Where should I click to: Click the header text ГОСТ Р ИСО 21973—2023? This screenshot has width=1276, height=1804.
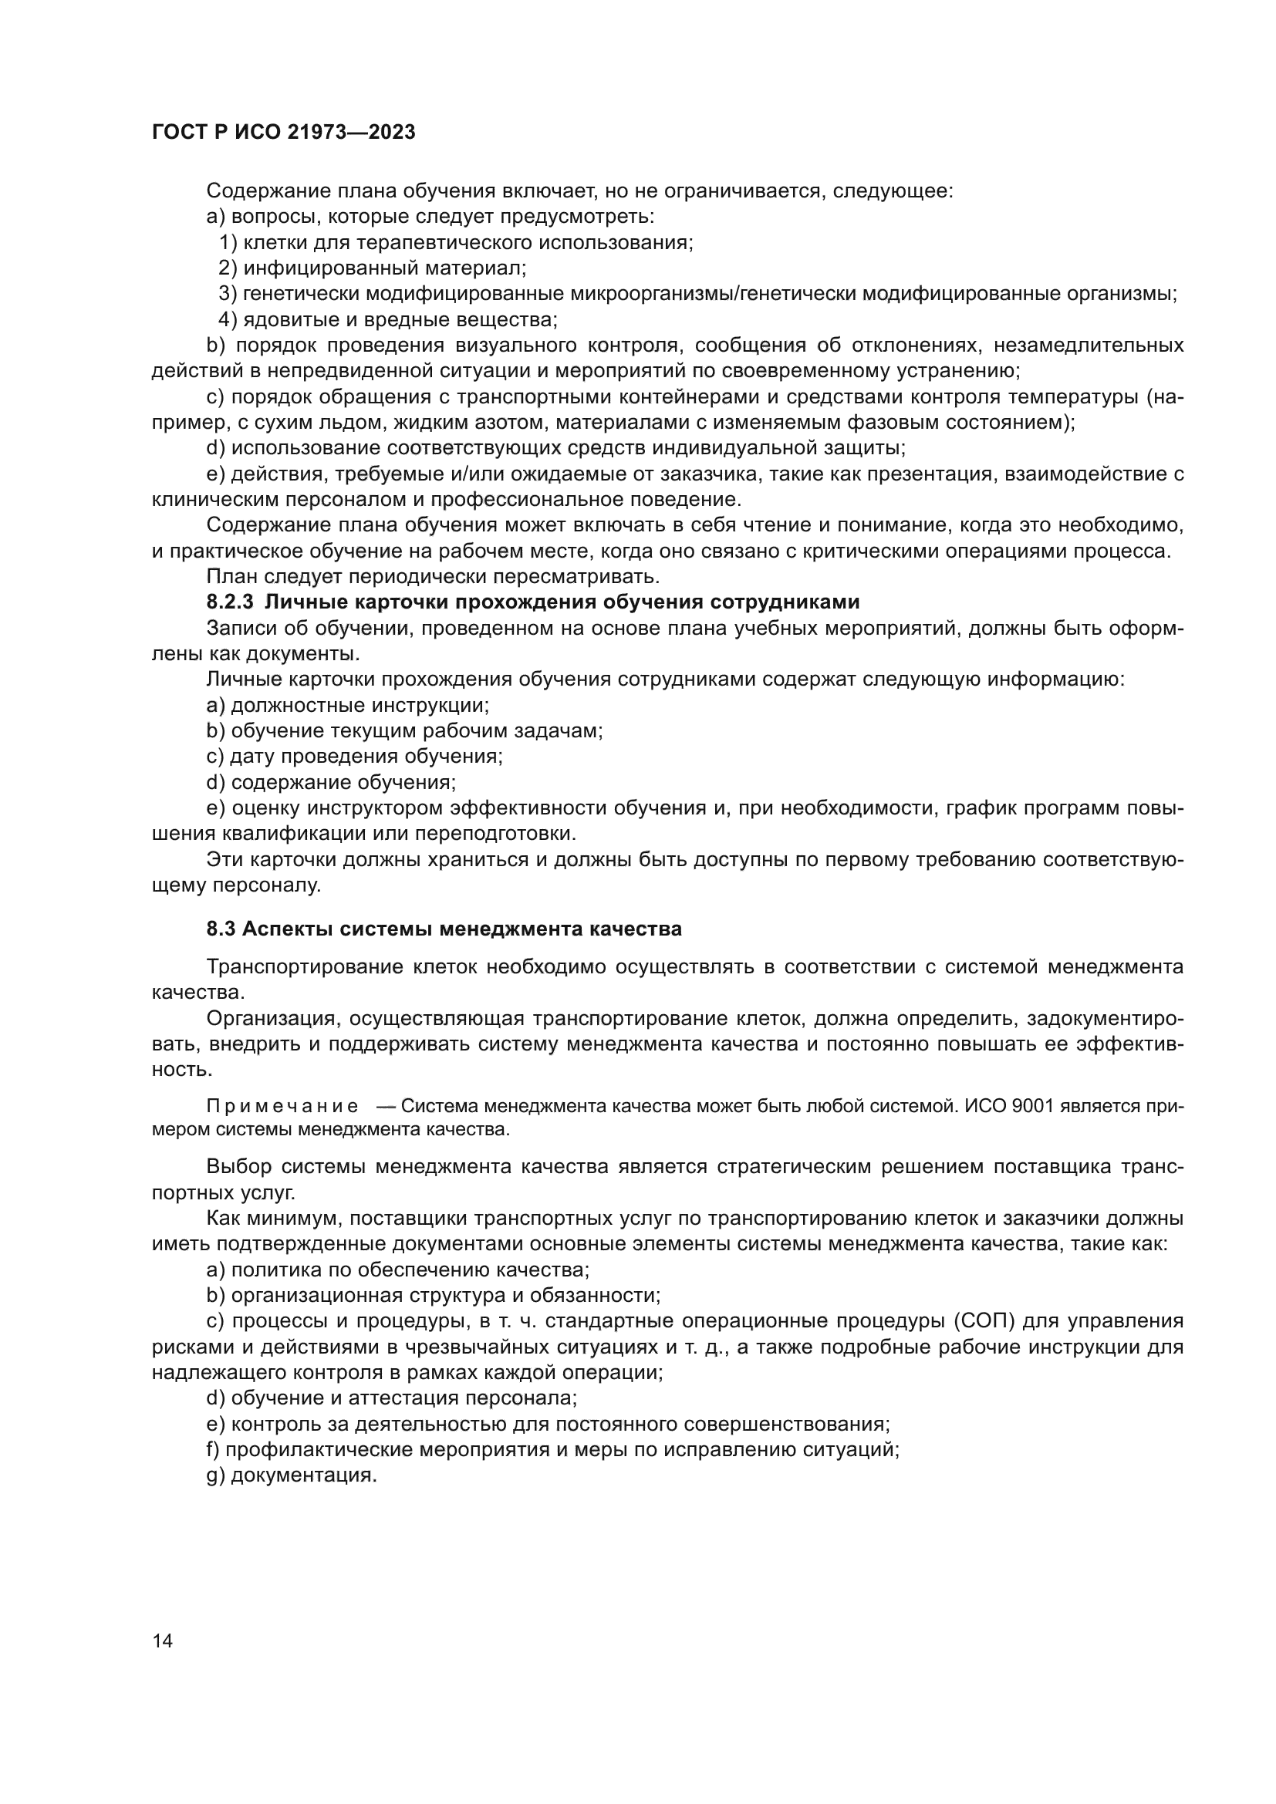click(283, 132)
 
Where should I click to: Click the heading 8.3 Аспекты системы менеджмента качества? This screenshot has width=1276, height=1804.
click(444, 929)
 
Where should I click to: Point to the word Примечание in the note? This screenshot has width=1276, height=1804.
click(282, 1106)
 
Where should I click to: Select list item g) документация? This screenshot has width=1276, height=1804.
click(292, 1475)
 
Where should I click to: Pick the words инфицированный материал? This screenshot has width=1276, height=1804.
click(383, 268)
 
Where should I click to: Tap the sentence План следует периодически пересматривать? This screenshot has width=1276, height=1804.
click(432, 577)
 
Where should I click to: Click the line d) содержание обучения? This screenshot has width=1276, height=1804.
click(331, 783)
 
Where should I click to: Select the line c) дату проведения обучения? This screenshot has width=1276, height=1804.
click(354, 757)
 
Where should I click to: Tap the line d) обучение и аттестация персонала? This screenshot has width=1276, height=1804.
click(391, 1398)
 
